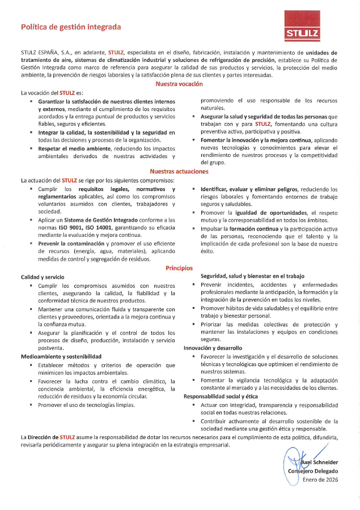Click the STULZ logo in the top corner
(302, 29)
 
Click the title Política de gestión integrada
(71, 27)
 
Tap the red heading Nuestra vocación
(179, 84)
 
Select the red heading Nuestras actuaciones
(179, 171)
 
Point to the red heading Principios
(179, 268)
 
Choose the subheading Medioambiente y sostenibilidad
(61, 356)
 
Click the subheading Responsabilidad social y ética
(221, 397)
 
